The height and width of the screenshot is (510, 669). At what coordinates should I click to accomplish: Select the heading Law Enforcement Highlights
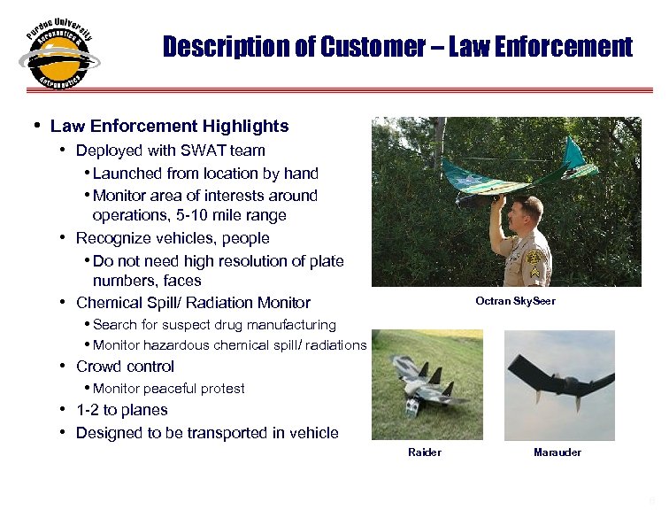point(169,127)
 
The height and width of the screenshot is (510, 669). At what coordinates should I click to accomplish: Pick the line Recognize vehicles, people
point(173,238)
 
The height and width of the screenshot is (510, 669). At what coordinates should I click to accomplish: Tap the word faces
point(183,281)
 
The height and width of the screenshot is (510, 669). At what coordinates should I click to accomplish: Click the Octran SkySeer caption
point(515,302)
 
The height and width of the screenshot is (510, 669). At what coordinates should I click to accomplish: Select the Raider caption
point(424,452)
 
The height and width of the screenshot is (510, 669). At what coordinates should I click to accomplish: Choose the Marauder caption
point(557,452)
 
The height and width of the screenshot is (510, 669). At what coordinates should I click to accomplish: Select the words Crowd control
point(125,367)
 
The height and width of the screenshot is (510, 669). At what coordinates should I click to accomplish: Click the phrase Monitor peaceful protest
point(168,389)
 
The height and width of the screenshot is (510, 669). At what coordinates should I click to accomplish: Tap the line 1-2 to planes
point(121,410)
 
